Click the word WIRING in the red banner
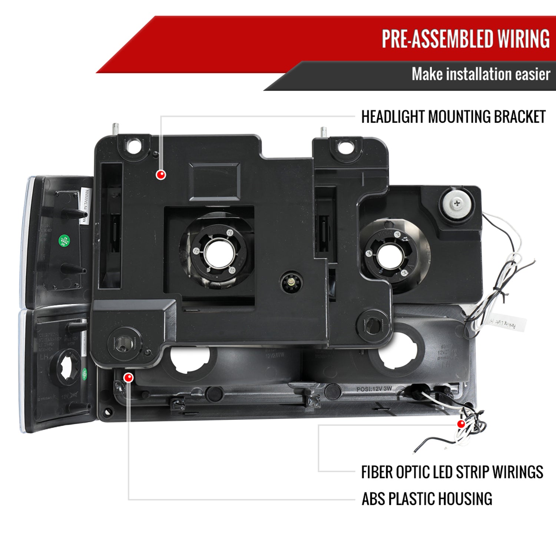(x=523, y=39)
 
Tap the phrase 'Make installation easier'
(x=480, y=75)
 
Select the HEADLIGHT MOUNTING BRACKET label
(x=453, y=117)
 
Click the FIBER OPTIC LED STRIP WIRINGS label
(x=452, y=473)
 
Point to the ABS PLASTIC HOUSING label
(x=427, y=499)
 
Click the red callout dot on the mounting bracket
(x=161, y=175)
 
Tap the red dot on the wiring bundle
(x=461, y=424)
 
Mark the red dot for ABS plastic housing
(x=129, y=378)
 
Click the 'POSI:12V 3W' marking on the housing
(x=374, y=389)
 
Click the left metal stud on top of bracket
(x=116, y=130)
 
